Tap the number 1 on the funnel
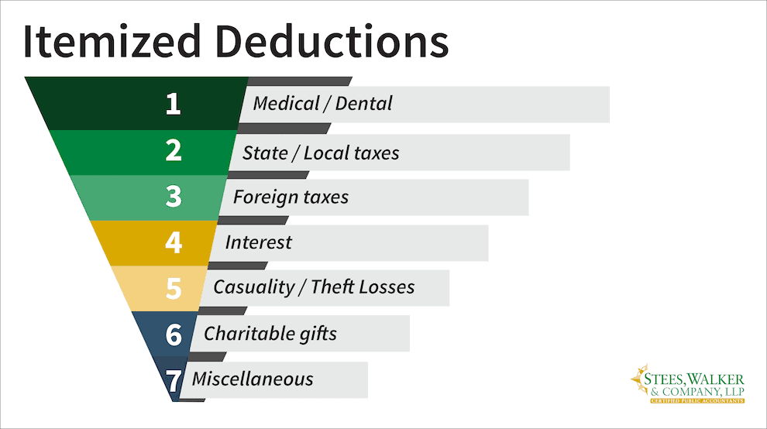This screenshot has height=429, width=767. click(173, 105)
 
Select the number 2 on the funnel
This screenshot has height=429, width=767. click(173, 151)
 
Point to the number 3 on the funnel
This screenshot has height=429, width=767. click(173, 197)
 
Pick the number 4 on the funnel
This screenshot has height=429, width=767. click(173, 242)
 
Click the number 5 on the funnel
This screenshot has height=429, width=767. click(173, 288)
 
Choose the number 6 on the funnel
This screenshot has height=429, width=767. click(174, 335)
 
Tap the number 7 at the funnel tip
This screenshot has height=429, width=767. click(175, 380)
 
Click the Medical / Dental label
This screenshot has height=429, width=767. click(322, 103)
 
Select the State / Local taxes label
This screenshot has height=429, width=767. click(320, 153)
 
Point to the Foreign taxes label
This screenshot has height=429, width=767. click(291, 197)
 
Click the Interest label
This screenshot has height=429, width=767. click(258, 242)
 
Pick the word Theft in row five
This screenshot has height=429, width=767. click(335, 287)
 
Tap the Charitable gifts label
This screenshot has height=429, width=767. click(270, 334)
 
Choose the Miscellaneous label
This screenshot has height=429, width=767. click(253, 379)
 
